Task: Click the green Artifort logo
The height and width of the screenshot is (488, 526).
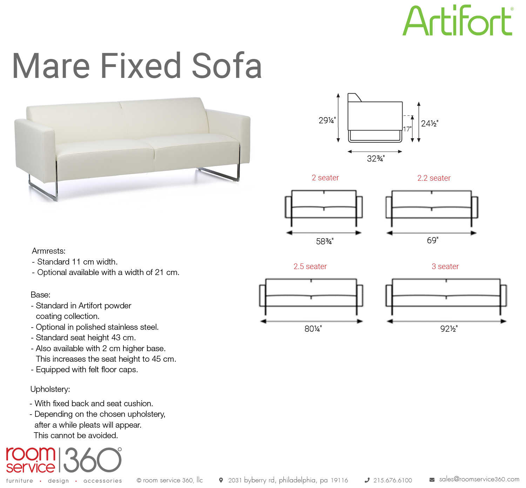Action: tap(458, 20)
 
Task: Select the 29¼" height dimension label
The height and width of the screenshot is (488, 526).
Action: tap(327, 120)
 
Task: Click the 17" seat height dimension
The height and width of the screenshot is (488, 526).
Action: tap(407, 129)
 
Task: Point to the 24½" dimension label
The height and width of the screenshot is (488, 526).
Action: tap(430, 123)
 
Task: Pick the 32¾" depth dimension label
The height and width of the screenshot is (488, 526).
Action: tap(376, 159)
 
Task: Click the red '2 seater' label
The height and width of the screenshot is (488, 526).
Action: tap(325, 178)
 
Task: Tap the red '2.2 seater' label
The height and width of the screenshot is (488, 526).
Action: tap(434, 178)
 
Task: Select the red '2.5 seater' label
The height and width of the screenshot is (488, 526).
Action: tap(310, 266)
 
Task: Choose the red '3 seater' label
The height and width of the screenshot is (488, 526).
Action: tap(445, 266)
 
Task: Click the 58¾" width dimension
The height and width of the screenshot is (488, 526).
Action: tap(325, 241)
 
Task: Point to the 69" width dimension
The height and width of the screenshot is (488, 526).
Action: tap(432, 240)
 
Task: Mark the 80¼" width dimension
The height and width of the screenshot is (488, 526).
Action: tap(313, 329)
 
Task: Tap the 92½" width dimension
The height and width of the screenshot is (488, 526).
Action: tap(449, 329)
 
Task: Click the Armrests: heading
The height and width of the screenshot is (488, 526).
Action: tap(49, 251)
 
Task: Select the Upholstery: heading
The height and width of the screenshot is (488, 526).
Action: tap(50, 389)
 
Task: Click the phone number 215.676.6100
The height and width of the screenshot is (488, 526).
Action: tap(393, 480)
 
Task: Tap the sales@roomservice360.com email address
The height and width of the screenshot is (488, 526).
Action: tap(479, 479)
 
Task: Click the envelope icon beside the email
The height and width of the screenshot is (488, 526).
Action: tap(432, 480)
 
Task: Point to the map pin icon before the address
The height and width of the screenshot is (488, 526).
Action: tap(221, 480)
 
